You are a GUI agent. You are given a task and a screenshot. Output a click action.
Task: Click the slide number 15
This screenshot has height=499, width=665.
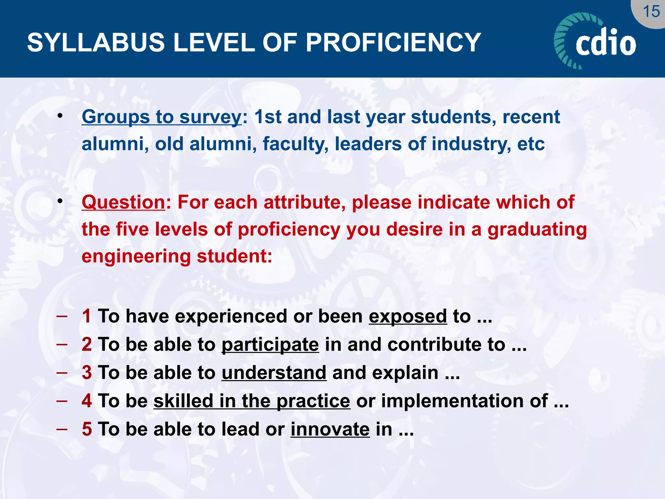(x=651, y=12)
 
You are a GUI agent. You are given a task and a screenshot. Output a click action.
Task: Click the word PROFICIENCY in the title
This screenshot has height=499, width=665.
(x=393, y=43)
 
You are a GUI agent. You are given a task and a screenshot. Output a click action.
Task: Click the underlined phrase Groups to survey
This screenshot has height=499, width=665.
(x=161, y=117)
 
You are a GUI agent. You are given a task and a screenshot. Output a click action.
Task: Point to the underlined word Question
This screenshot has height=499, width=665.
(x=123, y=202)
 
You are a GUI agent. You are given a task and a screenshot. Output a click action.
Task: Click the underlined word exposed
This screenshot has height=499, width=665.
(x=408, y=316)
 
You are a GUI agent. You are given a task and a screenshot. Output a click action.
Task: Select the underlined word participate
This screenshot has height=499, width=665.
(x=270, y=345)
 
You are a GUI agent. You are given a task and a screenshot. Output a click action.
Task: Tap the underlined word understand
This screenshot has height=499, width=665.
(x=274, y=373)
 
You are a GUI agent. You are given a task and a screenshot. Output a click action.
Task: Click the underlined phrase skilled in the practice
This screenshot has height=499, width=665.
(x=252, y=401)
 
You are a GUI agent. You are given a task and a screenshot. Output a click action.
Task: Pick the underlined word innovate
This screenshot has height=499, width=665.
(x=330, y=429)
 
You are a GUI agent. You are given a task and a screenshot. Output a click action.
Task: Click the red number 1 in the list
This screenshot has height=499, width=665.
(x=86, y=316)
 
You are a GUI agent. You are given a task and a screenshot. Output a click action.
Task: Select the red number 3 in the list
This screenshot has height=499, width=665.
(x=87, y=373)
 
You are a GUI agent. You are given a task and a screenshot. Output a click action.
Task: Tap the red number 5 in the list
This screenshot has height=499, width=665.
(x=87, y=429)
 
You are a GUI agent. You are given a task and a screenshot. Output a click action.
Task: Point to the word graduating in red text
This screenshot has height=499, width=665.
(x=537, y=230)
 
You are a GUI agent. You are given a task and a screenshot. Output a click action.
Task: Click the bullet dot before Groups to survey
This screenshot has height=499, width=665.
(x=60, y=116)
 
